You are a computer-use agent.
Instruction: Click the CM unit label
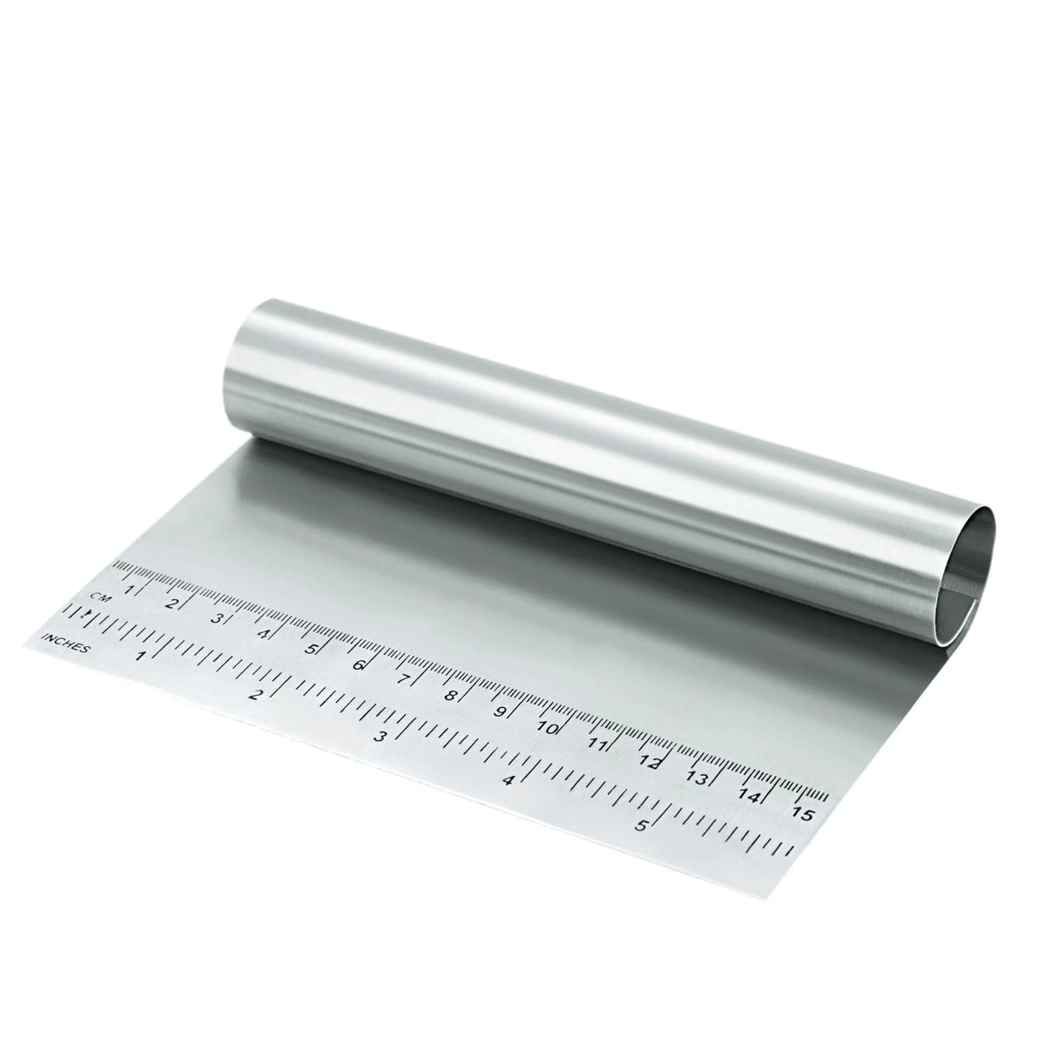pos(100,597)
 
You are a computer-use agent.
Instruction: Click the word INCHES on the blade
pos(65,643)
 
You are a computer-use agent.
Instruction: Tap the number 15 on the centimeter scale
pos(803,814)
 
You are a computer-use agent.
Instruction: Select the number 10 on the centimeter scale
pos(548,727)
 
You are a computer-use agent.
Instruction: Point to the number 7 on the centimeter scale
pos(403,678)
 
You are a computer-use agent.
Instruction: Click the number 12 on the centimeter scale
pos(649,762)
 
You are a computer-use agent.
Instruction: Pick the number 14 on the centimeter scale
pos(750,796)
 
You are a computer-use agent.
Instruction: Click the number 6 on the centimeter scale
pos(357,664)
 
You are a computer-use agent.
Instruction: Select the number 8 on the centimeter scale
pos(450,695)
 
